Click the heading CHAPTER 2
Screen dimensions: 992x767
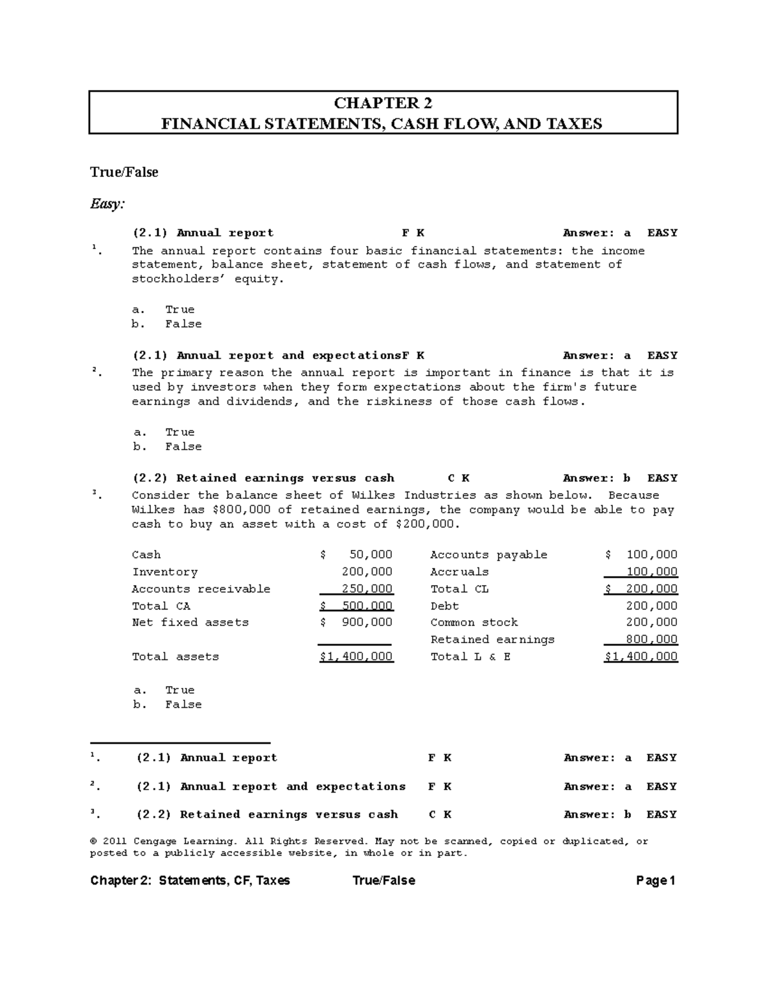point(383,103)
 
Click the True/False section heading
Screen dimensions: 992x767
point(124,172)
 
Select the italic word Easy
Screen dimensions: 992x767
point(107,204)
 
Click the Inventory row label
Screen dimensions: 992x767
point(164,572)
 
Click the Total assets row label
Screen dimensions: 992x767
point(175,657)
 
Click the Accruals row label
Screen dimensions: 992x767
point(459,572)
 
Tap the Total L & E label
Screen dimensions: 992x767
point(470,657)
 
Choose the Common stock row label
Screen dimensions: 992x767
point(474,622)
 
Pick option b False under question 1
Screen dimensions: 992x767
point(183,324)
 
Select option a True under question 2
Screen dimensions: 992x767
point(180,432)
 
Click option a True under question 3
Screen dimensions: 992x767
point(180,690)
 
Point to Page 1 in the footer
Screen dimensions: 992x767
point(656,881)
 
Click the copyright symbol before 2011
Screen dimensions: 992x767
point(93,841)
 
